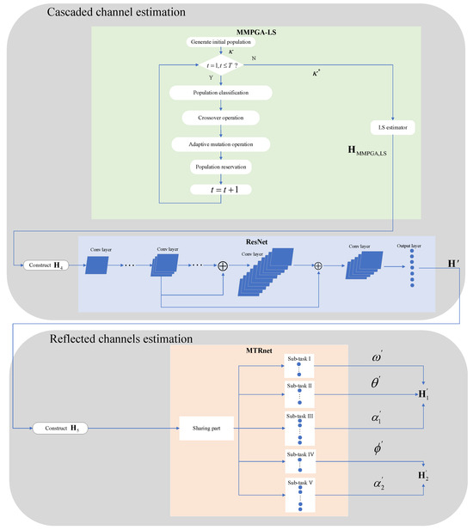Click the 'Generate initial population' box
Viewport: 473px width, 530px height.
(221, 42)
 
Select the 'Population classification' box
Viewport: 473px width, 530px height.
(221, 91)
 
